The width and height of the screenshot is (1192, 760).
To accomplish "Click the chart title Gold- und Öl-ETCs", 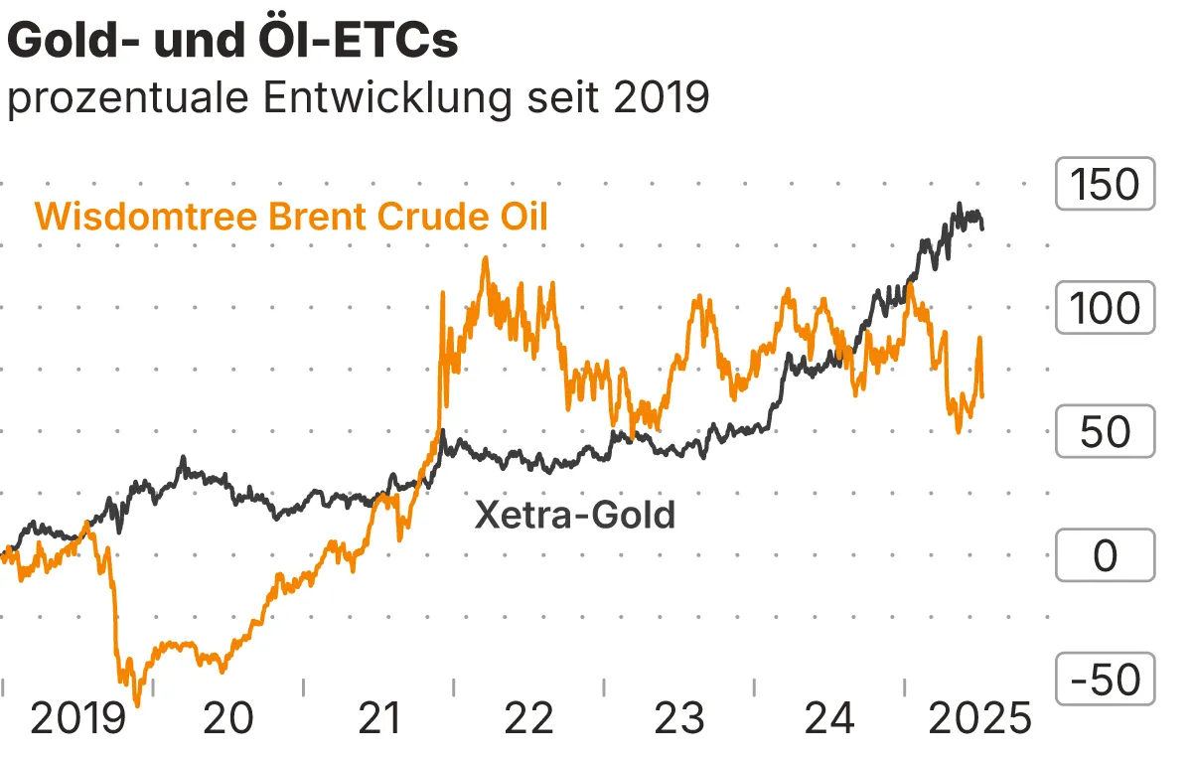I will (x=232, y=42).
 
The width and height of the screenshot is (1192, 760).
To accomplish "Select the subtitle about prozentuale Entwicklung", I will (x=358, y=99).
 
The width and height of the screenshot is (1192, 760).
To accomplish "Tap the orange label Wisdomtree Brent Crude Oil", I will (x=291, y=216).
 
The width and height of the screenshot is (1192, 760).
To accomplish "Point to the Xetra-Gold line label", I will (x=575, y=515).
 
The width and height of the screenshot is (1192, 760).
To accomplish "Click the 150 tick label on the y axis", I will (x=1105, y=184).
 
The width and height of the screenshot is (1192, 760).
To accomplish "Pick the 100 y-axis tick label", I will (x=1105, y=308).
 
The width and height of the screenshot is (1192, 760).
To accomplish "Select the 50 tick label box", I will (x=1105, y=432).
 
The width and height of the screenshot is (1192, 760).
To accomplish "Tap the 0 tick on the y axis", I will (x=1105, y=555).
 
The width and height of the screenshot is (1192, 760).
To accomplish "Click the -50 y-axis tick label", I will (x=1105, y=680).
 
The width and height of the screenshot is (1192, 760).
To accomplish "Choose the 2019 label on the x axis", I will (x=78, y=717).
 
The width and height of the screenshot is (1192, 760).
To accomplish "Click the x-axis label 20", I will (x=228, y=717).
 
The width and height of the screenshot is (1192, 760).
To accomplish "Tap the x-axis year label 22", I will (x=528, y=717).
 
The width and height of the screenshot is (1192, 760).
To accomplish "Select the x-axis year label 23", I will (x=679, y=717).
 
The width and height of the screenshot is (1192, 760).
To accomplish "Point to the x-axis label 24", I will (x=829, y=717).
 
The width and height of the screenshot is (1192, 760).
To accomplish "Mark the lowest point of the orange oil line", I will (x=136, y=704).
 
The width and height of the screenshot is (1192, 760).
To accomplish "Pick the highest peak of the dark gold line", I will (x=959, y=205).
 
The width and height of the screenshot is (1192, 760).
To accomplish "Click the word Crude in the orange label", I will (x=415, y=216).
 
